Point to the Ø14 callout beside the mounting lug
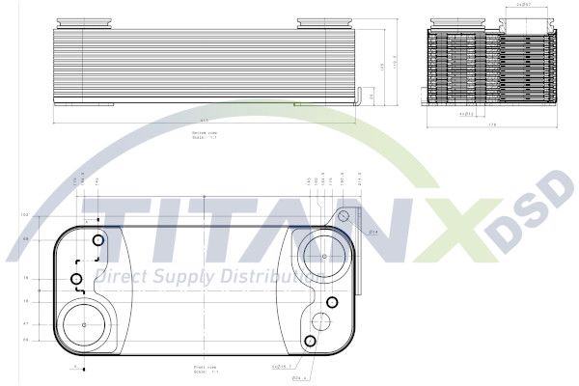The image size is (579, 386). (372, 232)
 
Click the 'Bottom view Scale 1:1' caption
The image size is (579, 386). (202, 135)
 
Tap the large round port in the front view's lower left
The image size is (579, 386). (85, 323)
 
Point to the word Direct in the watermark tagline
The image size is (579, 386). (126, 278)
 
